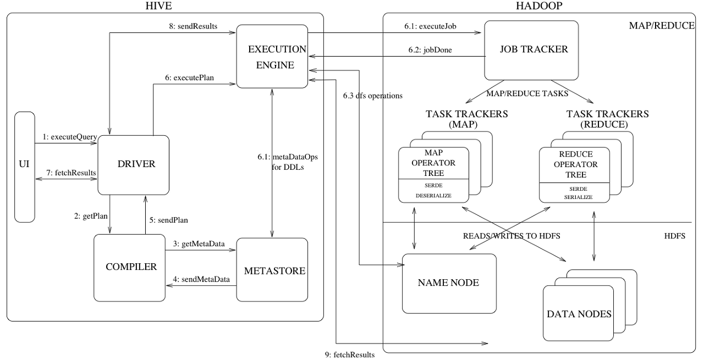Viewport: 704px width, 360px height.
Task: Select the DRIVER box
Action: pos(133,164)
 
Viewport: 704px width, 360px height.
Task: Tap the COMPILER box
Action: pos(131,267)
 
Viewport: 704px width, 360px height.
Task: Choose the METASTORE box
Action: pos(272,270)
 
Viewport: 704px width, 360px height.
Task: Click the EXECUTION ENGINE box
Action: pos(272,57)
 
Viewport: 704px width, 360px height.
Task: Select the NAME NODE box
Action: pos(449,283)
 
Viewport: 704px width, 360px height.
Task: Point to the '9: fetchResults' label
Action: pos(350,355)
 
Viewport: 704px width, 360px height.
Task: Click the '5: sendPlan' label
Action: pos(169,220)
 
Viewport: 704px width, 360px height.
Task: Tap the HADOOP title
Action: pos(539,6)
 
